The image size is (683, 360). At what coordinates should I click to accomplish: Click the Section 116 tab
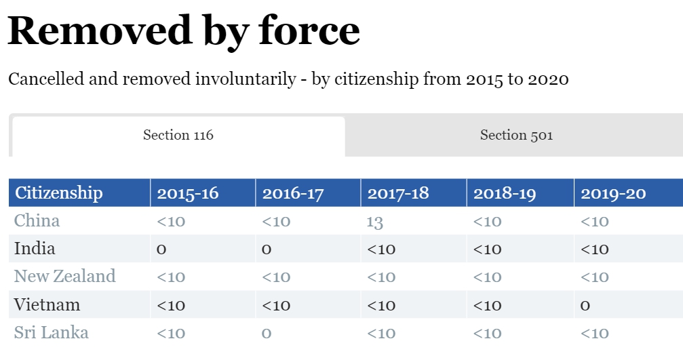tap(178, 136)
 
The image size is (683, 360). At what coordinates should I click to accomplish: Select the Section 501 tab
tap(516, 136)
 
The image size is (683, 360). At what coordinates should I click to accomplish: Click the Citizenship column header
tap(59, 193)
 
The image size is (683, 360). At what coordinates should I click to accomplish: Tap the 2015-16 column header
tap(188, 193)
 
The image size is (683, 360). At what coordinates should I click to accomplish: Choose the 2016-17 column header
tap(293, 193)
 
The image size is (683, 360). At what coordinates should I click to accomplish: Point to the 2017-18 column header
tap(398, 193)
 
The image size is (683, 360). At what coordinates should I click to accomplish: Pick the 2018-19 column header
tap(505, 193)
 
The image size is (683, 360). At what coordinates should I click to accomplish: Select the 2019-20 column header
tap(613, 193)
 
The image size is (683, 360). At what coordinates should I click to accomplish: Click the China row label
tap(37, 221)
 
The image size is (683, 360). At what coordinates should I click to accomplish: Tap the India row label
tap(35, 249)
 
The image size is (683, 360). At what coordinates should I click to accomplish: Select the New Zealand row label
tap(64, 277)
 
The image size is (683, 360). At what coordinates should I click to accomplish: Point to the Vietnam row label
tap(47, 304)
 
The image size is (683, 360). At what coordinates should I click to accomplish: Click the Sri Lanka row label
tap(51, 333)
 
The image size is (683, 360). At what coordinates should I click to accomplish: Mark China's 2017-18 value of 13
tap(374, 222)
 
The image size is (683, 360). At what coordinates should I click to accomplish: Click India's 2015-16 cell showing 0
tap(161, 249)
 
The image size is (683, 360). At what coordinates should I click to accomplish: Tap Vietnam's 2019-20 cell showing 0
tap(585, 305)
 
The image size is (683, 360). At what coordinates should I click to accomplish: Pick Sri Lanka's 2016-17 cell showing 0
tap(267, 334)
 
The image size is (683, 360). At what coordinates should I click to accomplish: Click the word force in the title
tap(309, 31)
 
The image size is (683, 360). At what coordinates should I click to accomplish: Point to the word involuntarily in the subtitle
tap(246, 79)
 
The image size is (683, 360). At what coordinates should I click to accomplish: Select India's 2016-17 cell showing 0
tap(267, 249)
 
